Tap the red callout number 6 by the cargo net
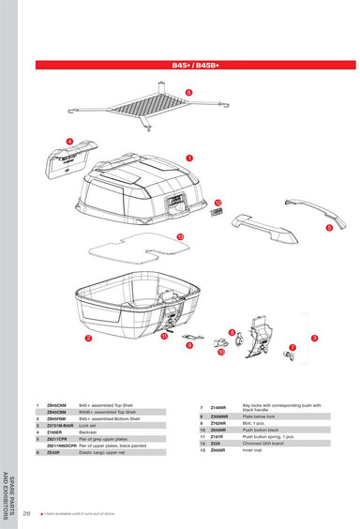point(187,92)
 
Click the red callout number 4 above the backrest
point(68,141)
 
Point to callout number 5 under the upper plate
point(329,227)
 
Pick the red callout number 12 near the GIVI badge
point(217,203)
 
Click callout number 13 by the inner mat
point(180,237)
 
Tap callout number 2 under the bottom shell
point(88,338)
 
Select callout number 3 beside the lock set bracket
point(315,338)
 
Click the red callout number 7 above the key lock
point(292,347)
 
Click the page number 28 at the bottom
point(27,513)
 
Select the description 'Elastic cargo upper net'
point(101,452)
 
